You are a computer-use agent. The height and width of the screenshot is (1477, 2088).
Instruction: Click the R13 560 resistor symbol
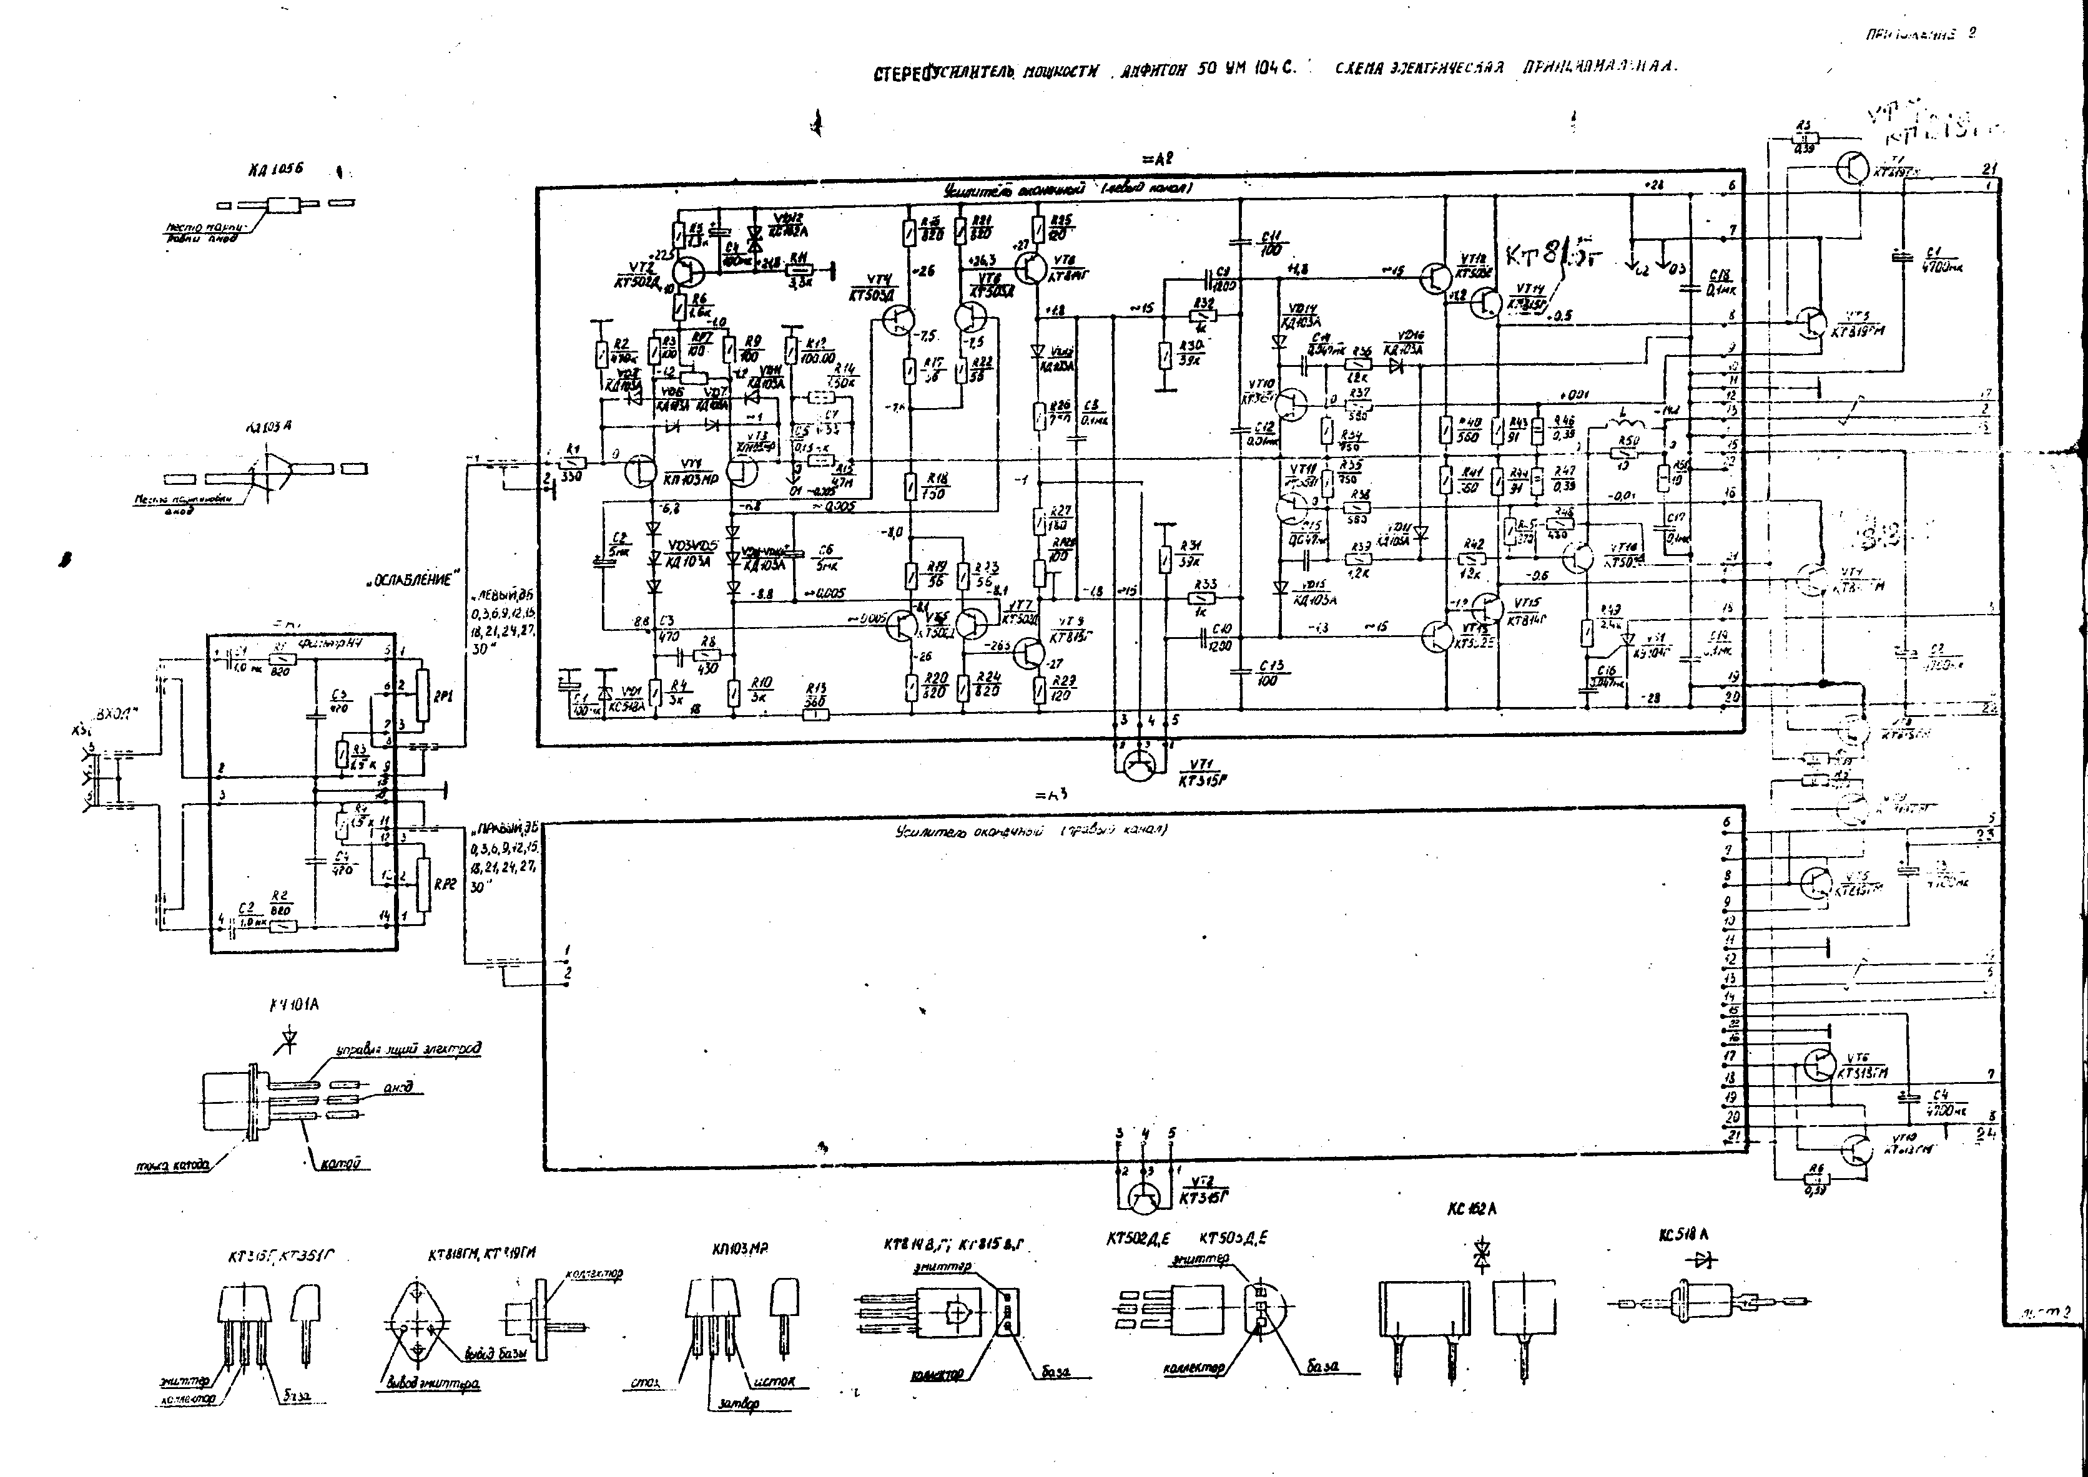click(x=816, y=715)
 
